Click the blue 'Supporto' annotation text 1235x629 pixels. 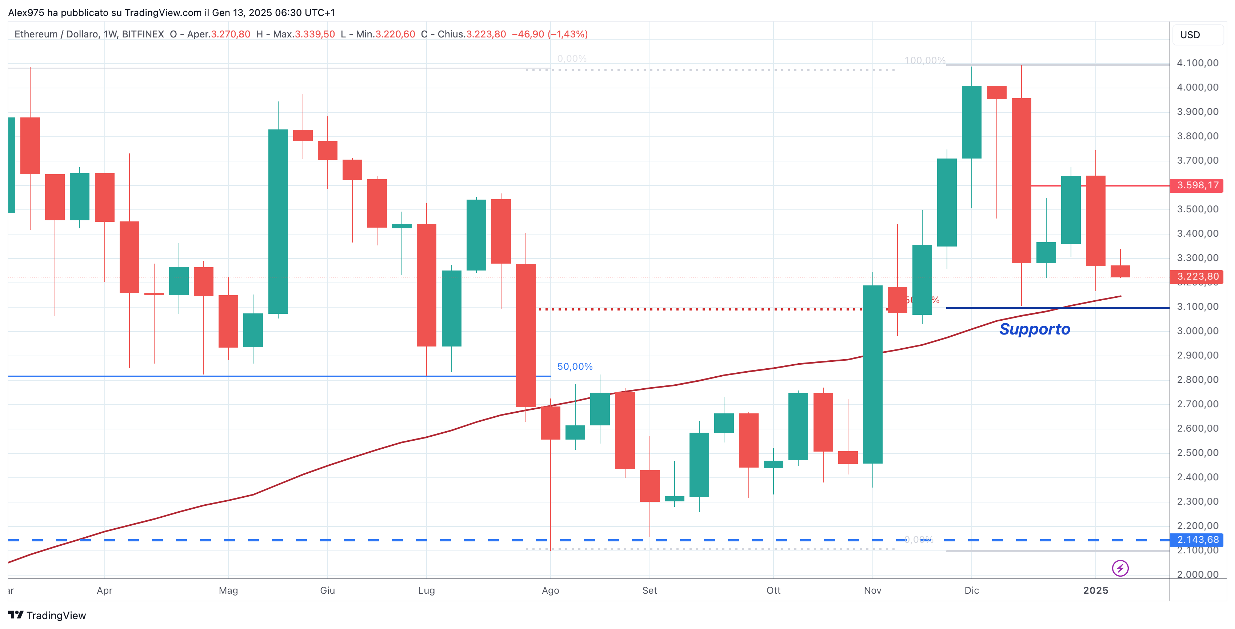point(1034,329)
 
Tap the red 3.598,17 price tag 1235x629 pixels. point(1197,185)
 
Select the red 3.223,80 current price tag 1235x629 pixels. point(1197,276)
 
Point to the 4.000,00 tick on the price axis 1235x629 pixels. point(1197,87)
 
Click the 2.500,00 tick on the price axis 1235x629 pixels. point(1197,453)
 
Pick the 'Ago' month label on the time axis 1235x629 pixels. point(550,590)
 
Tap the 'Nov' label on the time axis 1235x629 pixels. point(872,590)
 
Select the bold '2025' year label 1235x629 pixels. point(1095,590)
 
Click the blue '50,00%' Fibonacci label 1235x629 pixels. point(574,366)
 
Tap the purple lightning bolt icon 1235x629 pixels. point(1120,568)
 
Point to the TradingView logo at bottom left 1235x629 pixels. point(47,615)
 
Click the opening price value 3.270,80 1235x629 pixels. point(231,34)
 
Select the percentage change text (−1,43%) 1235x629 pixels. point(568,34)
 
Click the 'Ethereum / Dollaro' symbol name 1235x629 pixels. point(56,34)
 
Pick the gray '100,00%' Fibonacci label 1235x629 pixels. point(924,60)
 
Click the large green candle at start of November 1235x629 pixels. point(872,374)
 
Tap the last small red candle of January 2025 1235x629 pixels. point(1120,271)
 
